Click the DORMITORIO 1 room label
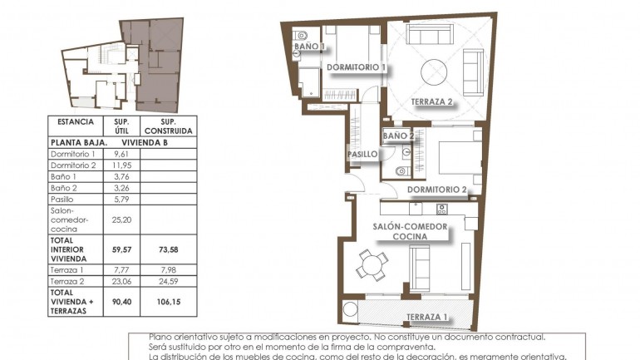(357, 67)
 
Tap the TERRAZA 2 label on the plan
(431, 102)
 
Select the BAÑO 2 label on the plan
(398, 135)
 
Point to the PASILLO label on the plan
(362, 154)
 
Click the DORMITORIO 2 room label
(436, 190)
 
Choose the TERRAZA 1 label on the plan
(427, 317)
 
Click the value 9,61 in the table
(121, 154)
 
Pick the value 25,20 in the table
(121, 220)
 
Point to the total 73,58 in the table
(168, 247)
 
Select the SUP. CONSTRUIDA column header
(168, 126)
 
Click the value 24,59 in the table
(168, 282)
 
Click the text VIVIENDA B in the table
(146, 142)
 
